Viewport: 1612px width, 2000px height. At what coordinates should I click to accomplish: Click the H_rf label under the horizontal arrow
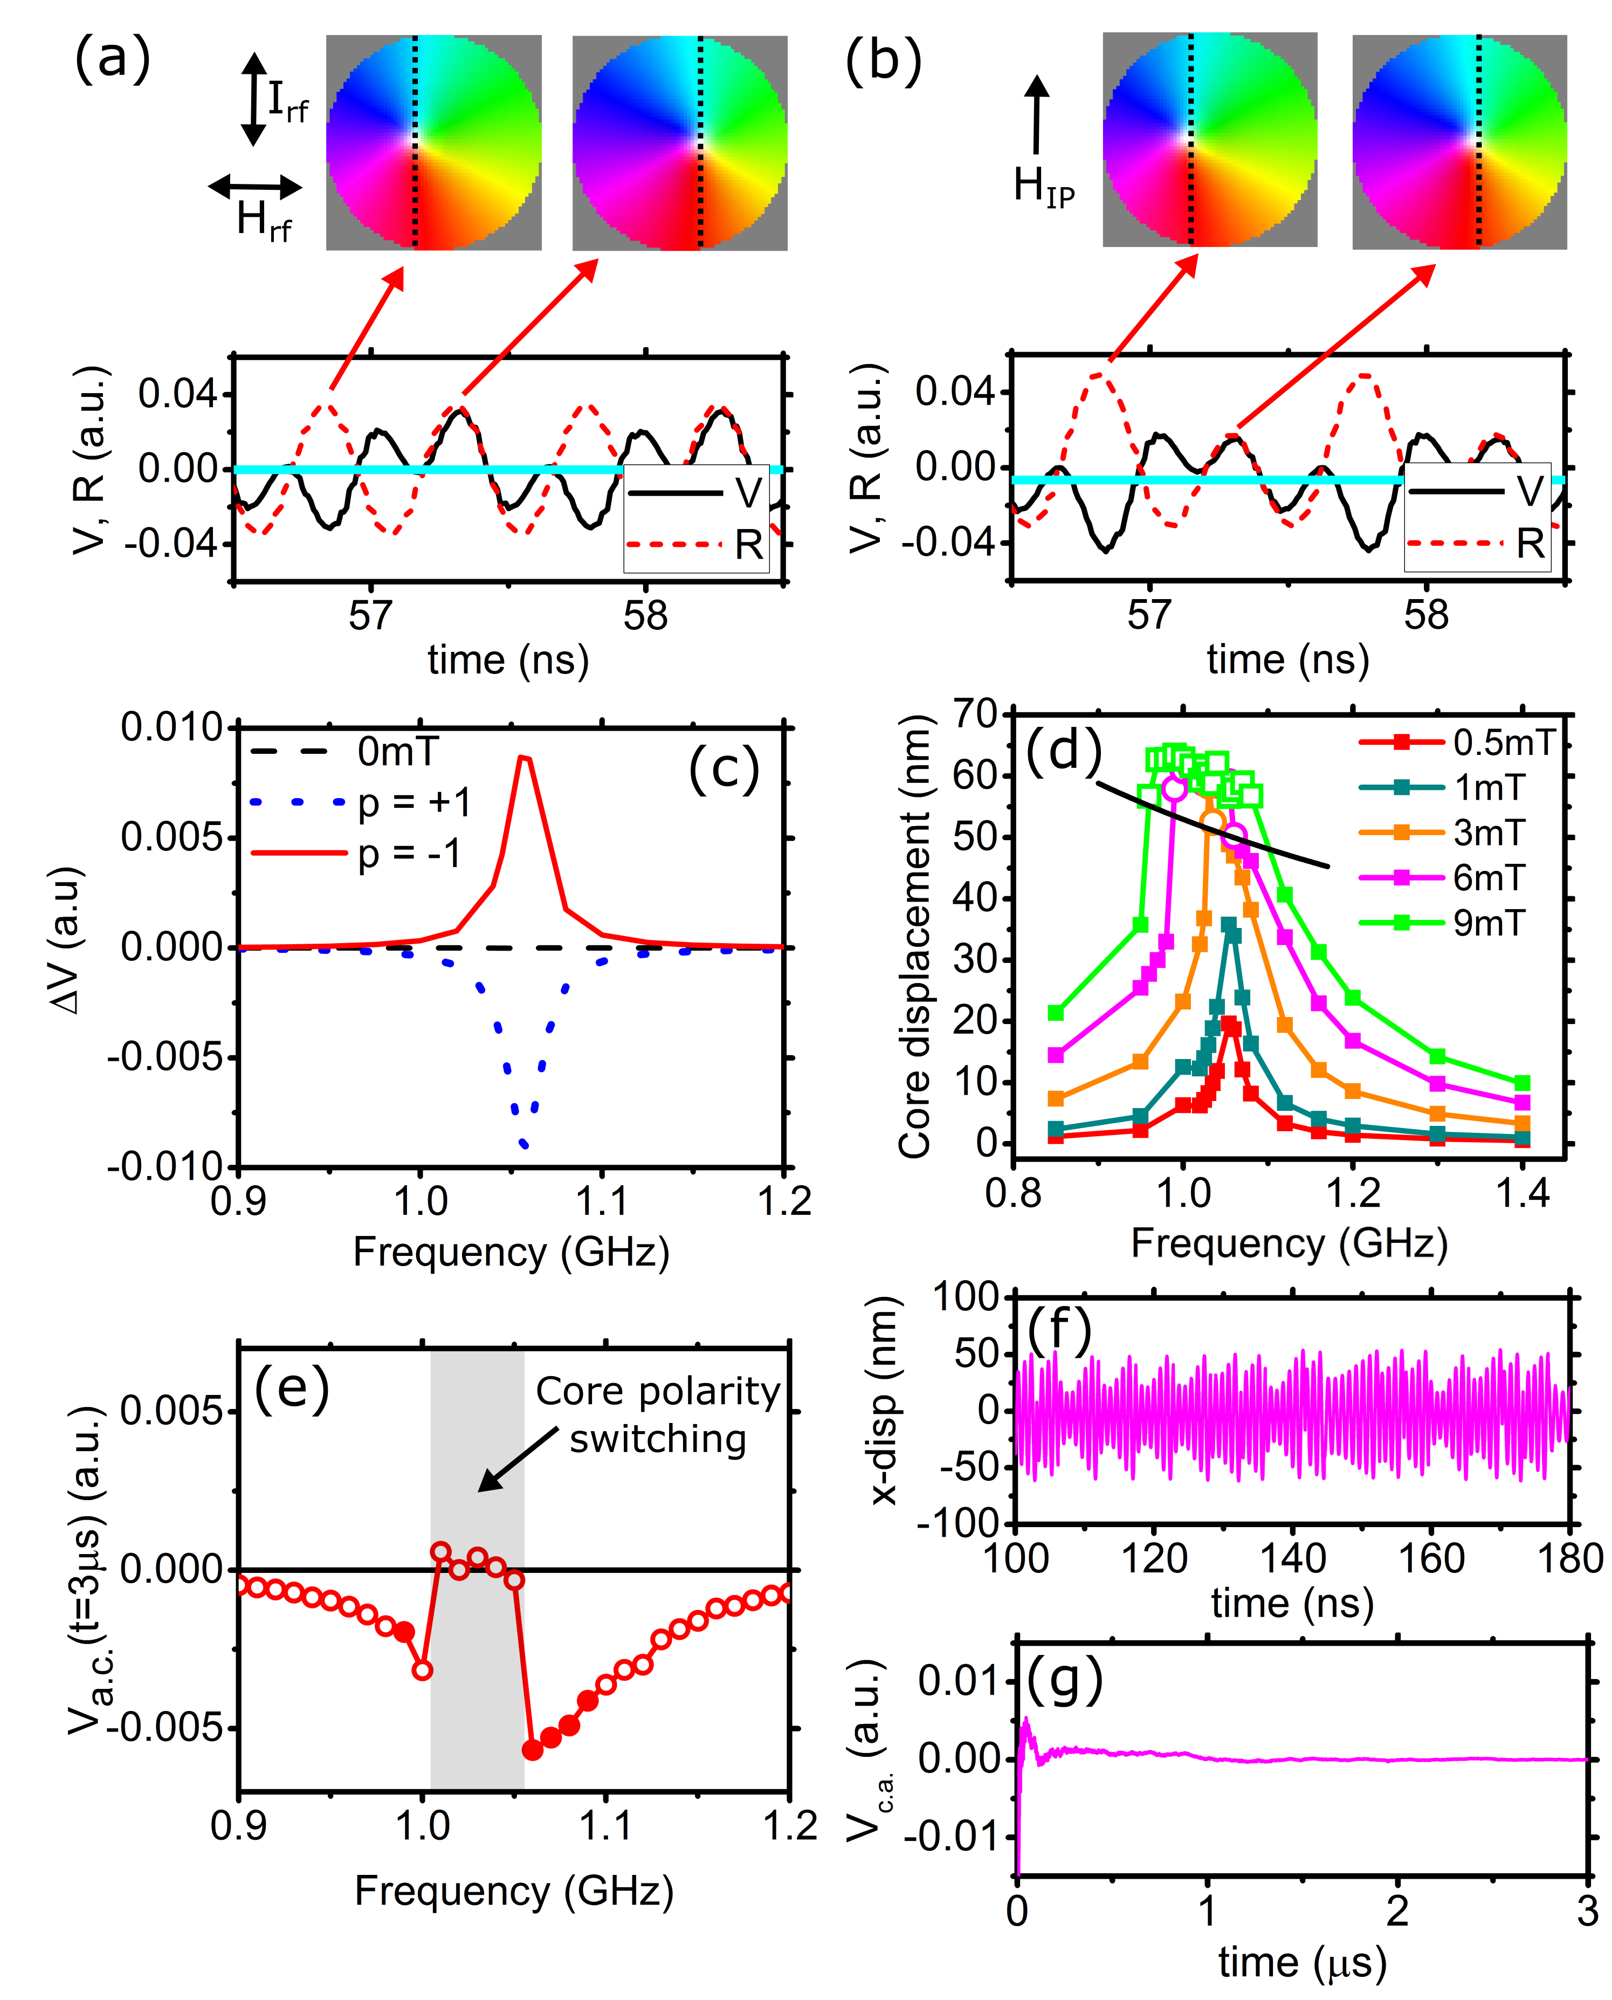click(x=264, y=221)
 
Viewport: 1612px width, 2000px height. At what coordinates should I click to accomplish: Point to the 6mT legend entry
click(x=1489, y=877)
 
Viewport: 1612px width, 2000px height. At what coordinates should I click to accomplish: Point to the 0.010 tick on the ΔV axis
click(x=173, y=727)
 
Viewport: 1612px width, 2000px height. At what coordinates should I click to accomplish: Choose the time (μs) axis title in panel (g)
click(x=1302, y=1962)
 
